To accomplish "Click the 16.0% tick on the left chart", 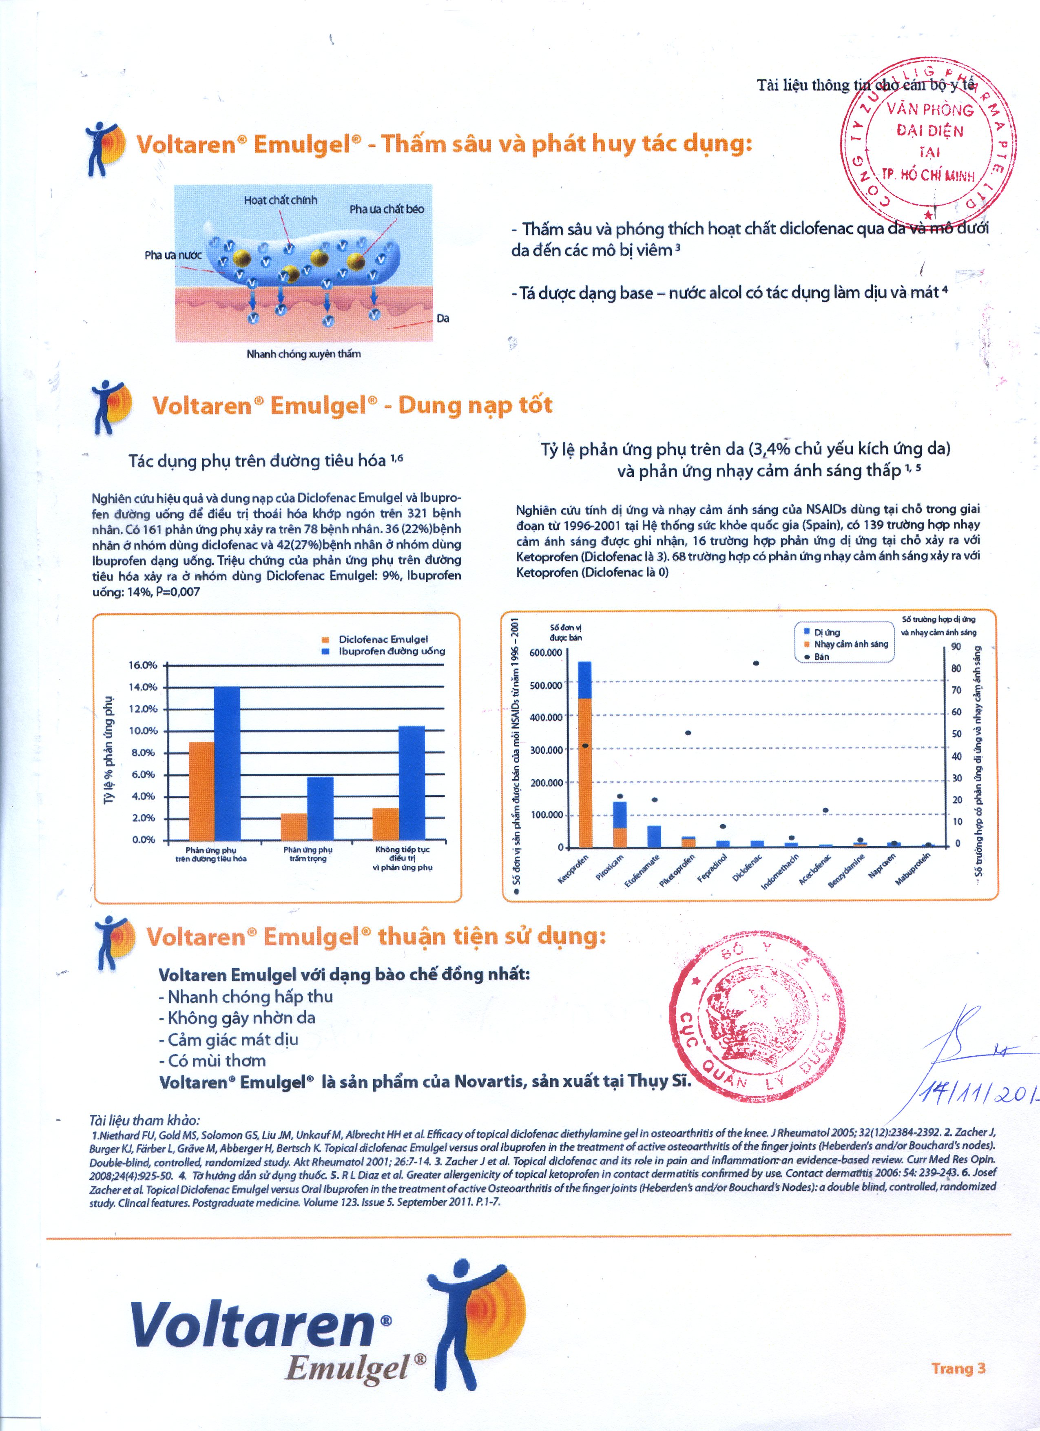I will click(143, 665).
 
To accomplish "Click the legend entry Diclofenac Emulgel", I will click(383, 639).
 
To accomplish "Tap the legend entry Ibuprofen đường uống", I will click(391, 651).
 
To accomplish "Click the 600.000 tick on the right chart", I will click(545, 652).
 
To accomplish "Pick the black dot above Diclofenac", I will click(755, 663).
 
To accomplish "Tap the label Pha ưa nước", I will click(173, 255).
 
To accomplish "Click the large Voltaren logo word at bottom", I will click(252, 1325).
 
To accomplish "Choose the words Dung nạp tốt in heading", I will click(475, 405).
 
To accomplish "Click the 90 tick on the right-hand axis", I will click(956, 646).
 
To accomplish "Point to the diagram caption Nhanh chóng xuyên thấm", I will click(303, 354).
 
